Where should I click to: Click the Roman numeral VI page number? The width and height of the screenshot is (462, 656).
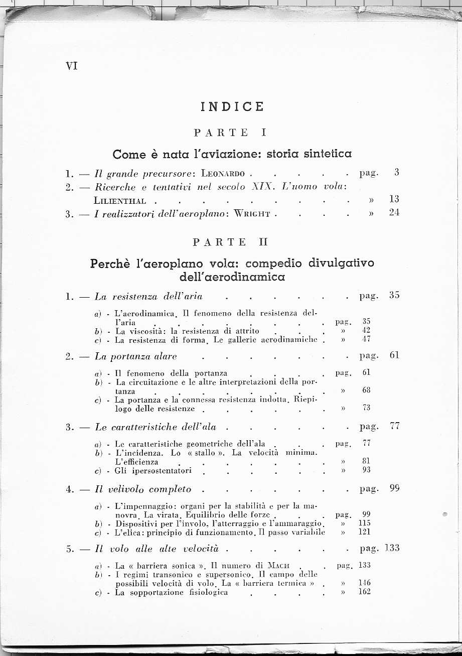click(72, 66)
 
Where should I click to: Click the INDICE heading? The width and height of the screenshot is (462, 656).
click(232, 107)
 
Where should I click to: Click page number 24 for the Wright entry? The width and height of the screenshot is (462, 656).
click(394, 213)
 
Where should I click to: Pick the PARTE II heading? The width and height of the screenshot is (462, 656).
click(231, 242)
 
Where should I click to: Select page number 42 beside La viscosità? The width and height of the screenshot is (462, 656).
click(366, 330)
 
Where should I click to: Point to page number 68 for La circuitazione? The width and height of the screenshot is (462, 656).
click(366, 390)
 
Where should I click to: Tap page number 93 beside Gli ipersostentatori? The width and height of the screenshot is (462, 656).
click(366, 470)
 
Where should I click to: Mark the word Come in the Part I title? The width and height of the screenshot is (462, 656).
click(129, 154)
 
